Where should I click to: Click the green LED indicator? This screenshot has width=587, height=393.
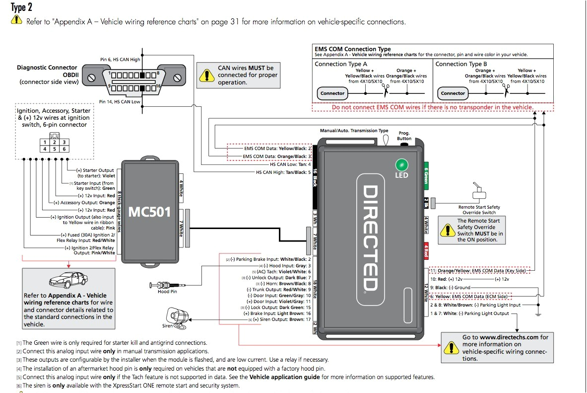coord(401,165)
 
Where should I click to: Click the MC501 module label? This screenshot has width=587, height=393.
coord(149,212)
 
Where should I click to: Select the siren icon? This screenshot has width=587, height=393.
coord(177,316)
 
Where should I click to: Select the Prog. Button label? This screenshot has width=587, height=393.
coord(404,136)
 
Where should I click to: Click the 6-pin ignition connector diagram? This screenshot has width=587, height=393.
coord(55,143)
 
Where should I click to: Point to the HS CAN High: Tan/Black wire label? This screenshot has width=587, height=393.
coord(283,172)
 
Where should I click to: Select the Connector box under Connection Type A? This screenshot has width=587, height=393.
coord(332,93)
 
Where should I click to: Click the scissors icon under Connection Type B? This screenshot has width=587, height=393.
coord(507,89)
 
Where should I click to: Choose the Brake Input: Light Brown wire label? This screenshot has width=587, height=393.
coord(277,314)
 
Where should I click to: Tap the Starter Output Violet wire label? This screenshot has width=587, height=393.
coord(95,173)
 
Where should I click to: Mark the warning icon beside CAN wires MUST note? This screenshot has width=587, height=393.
coord(204,75)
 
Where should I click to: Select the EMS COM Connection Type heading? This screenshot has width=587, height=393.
coord(352,49)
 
